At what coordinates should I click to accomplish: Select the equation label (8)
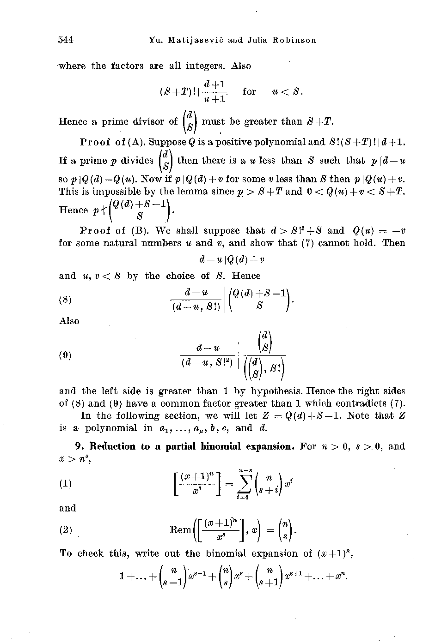pos(65,300)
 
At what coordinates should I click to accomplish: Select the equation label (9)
pos(65,355)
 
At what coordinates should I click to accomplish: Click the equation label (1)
pos(65,484)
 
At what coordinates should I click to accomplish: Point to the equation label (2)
pos(65,530)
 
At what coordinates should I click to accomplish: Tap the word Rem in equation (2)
pos(181,530)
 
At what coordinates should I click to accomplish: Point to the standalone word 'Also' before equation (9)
pos(69,321)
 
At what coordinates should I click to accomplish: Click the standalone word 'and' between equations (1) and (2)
pos(67,508)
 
